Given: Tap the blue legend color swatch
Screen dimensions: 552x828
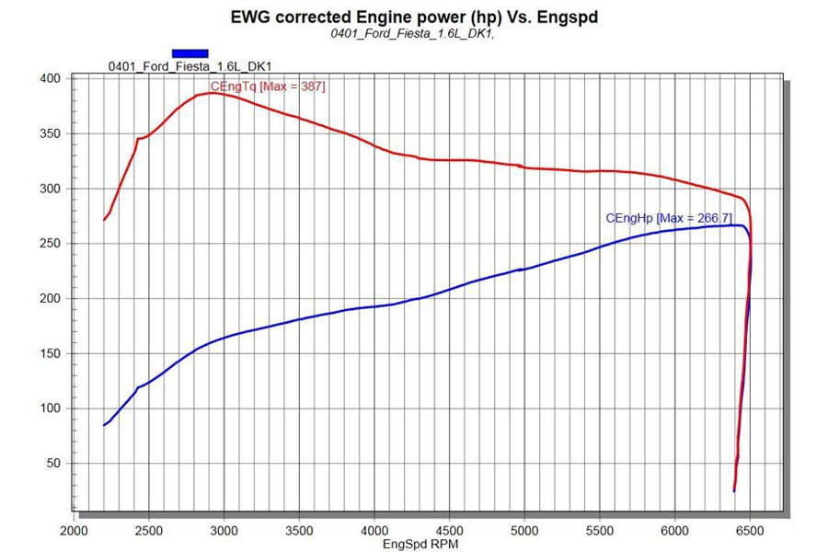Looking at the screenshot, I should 190,53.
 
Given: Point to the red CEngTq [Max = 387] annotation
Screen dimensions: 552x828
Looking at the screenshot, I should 268,86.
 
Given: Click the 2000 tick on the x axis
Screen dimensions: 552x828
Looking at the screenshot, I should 74,530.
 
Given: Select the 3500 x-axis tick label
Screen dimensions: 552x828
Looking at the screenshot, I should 299,530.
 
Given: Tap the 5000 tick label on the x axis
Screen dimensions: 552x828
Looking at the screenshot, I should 524,530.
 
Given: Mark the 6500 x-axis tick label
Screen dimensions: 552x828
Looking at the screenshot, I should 750,530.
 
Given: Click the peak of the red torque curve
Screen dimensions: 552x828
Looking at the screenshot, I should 212,93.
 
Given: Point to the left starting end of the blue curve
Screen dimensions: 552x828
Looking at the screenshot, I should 104,425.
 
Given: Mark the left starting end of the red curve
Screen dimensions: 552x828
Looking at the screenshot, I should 104,220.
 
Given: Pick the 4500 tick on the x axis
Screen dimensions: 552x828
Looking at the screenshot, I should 449,530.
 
